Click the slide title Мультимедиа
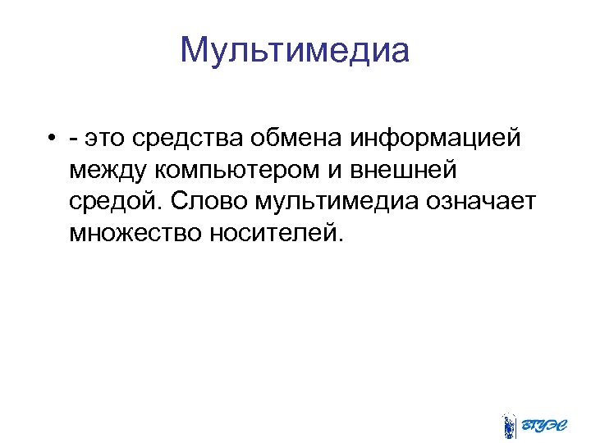[x=294, y=52]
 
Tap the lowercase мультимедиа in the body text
[x=335, y=203]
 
